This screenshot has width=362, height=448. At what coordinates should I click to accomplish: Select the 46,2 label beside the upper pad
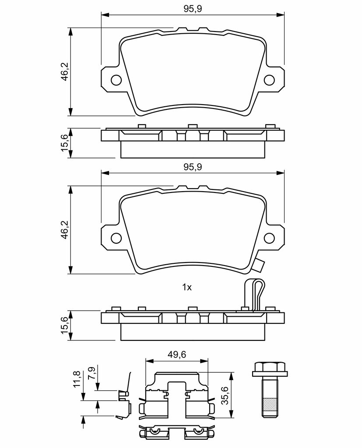click(65, 72)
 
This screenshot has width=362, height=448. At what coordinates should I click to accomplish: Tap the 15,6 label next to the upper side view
click(65, 143)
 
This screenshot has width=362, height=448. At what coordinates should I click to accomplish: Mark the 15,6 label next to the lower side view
click(65, 326)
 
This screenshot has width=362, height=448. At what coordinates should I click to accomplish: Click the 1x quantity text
click(187, 287)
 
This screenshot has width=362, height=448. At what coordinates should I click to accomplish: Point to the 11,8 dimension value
click(77, 379)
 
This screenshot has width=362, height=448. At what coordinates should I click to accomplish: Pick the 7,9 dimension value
click(91, 373)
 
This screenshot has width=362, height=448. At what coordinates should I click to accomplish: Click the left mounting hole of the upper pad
click(116, 80)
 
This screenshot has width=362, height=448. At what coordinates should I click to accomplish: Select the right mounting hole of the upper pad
click(270, 80)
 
